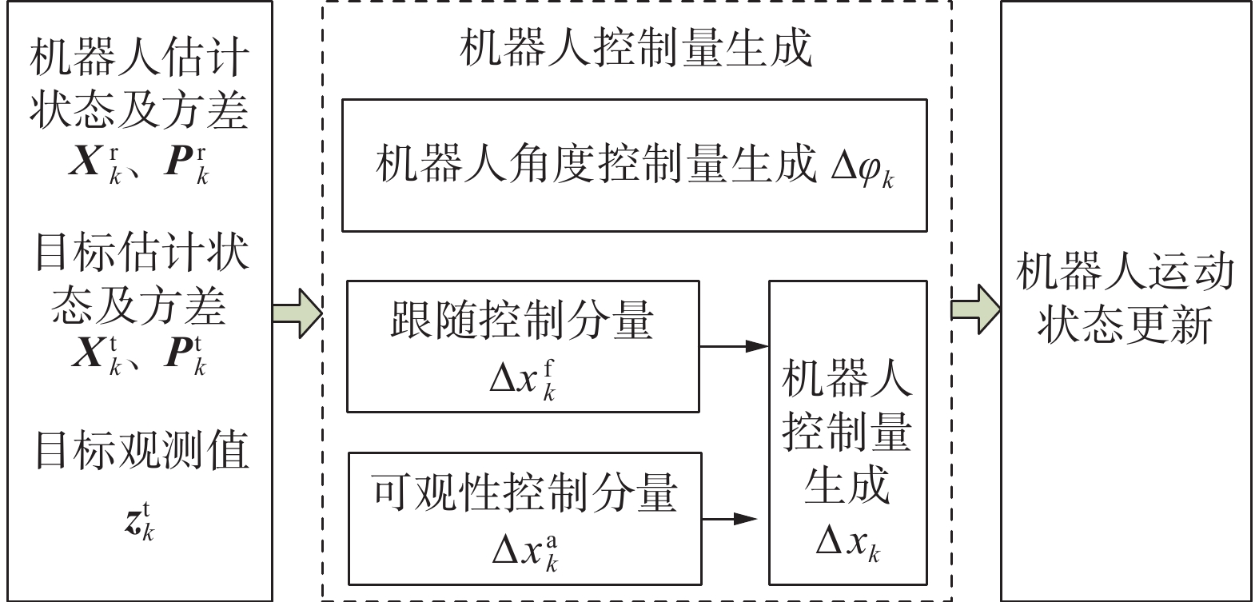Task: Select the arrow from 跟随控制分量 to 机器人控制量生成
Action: [x=734, y=346]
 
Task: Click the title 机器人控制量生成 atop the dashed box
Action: [x=635, y=50]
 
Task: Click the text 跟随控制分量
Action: [x=522, y=320]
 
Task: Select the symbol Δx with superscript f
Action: [x=523, y=379]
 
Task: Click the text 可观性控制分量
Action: [x=525, y=492]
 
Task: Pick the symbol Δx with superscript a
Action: [x=525, y=551]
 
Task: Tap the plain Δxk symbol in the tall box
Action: [x=848, y=544]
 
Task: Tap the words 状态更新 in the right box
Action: [x=1125, y=325]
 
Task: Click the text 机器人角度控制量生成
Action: [x=596, y=165]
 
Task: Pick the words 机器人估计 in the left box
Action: [x=140, y=58]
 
